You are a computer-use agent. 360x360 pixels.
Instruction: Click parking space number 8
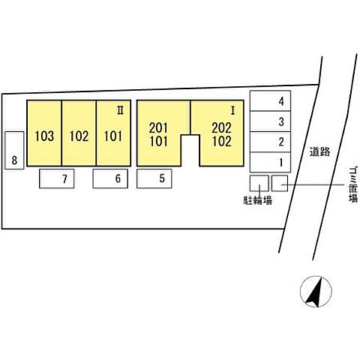(x=14, y=150)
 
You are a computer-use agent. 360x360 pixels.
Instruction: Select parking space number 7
(x=57, y=178)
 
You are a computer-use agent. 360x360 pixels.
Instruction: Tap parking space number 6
(x=110, y=178)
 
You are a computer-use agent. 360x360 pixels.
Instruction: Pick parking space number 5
(x=154, y=178)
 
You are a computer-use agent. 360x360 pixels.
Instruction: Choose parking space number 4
(x=270, y=100)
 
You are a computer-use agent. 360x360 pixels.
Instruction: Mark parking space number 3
(x=270, y=121)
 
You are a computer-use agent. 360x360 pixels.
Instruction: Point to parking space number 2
(x=270, y=142)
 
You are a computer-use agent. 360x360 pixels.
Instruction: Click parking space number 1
(x=270, y=162)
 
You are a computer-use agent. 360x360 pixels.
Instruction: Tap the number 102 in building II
(x=79, y=136)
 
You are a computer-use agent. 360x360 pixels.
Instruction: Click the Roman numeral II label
(x=121, y=110)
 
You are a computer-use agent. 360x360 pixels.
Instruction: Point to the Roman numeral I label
(x=233, y=111)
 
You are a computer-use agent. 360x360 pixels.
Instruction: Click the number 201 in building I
(x=158, y=128)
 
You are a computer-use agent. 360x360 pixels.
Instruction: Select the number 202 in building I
(x=221, y=128)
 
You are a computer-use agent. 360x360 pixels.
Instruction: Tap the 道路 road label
(x=320, y=151)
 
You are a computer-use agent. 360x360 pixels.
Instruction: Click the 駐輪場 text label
(x=258, y=200)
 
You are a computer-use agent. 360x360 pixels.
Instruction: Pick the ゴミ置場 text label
(x=353, y=187)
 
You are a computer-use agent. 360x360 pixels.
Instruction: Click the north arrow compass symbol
(x=316, y=292)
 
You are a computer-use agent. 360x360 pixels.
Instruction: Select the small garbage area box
(x=280, y=183)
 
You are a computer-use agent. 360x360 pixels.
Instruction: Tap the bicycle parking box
(x=259, y=183)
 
